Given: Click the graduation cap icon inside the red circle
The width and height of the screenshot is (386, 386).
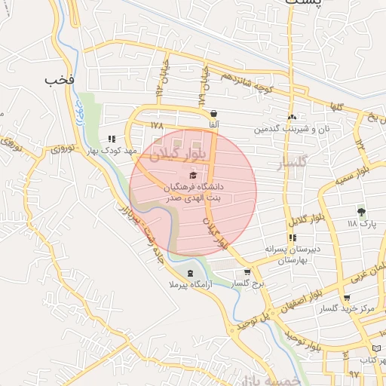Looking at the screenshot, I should coord(183,175).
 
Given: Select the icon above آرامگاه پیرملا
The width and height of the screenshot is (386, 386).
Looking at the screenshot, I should coord(190,273).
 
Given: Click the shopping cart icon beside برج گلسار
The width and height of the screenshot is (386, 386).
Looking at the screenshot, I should coord(247,272).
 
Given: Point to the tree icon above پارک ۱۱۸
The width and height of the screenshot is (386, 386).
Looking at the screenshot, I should coord(361,212).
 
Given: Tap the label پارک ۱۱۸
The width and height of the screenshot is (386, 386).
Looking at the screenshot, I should coord(362,223).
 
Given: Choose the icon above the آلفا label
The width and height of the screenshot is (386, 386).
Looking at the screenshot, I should coord(214,114).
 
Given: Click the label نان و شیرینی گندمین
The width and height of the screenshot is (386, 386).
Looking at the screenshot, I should coord(293,129).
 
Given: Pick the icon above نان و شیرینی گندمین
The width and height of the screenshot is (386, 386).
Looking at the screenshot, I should coord(293,117).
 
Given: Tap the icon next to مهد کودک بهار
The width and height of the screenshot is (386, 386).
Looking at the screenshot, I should coord(112,139).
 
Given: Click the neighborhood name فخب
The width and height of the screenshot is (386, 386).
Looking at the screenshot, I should coord(58,79).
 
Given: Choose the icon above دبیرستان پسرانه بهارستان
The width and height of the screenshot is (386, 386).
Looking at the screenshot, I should coord(292,238).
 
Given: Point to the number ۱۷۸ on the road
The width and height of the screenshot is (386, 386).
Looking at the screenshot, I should coord(157,125).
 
